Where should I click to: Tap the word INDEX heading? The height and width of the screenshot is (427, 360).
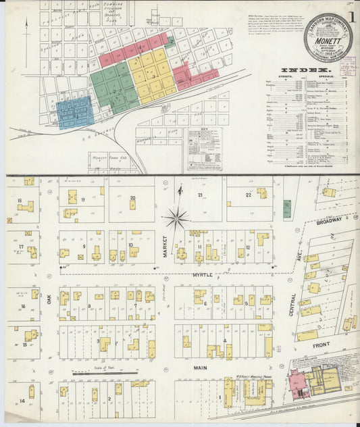[306, 70]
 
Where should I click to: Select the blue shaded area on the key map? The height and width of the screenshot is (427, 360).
[74, 112]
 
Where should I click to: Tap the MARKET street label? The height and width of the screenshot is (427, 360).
[164, 247]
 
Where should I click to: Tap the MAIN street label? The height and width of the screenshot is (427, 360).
[201, 368]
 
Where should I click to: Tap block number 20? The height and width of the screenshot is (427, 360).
[132, 197]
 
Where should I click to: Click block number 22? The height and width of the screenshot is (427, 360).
[248, 195]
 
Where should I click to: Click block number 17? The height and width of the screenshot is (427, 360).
[22, 247]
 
